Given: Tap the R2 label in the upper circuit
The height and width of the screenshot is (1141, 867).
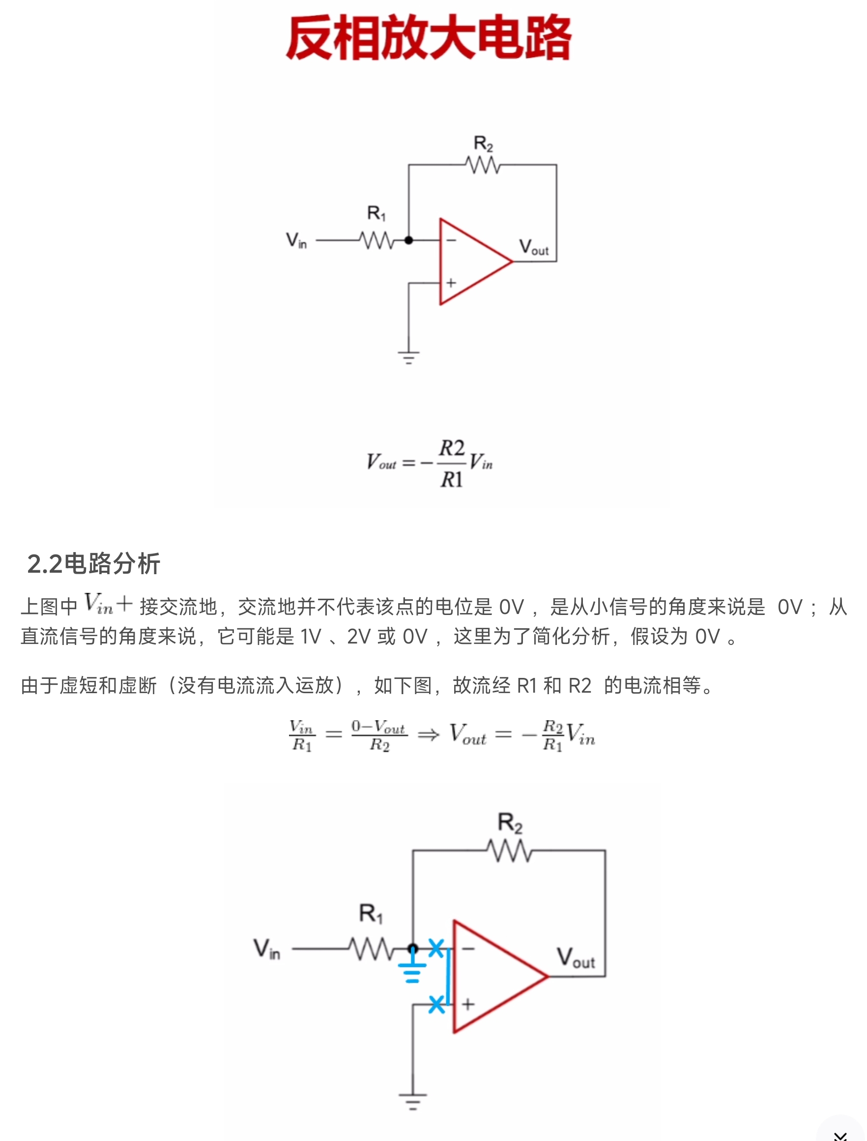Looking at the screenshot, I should [483, 144].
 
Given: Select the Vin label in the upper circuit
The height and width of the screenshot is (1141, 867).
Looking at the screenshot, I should [296, 240].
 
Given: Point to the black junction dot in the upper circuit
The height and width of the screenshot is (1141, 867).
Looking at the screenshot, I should [409, 240].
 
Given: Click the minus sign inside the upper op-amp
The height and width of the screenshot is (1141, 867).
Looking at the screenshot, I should [451, 240].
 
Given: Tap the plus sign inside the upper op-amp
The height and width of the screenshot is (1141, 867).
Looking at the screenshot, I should [452, 283].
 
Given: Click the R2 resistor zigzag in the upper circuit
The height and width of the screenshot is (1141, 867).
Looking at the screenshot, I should [483, 165].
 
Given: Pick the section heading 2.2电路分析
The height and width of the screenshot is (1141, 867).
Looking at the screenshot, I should [93, 563].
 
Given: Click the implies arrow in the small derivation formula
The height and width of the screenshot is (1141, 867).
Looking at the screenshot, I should [428, 734].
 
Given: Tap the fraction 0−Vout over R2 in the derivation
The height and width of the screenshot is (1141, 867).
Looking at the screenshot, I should [379, 735].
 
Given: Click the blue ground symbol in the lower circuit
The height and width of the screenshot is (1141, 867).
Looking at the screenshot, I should [412, 971].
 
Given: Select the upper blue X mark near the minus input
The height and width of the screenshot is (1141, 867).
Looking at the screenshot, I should [436, 948].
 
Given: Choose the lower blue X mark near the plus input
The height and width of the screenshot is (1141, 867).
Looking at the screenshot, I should [436, 1004].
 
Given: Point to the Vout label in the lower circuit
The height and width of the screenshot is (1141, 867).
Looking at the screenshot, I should [576, 958].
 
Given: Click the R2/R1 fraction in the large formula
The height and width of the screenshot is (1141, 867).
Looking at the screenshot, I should [452, 464].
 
